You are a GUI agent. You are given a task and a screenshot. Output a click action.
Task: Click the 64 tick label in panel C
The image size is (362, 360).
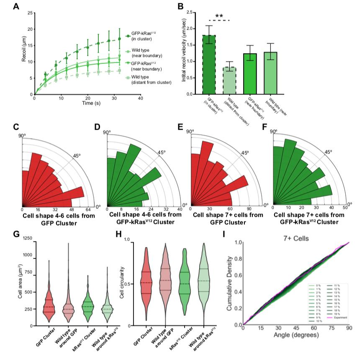(88, 210)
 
